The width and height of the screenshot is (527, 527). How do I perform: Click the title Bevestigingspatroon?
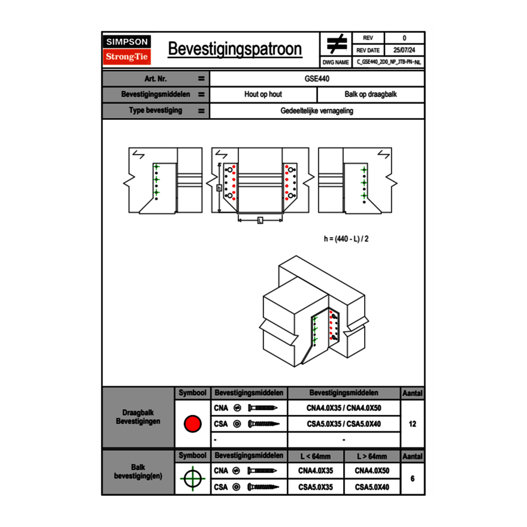pos(235,49)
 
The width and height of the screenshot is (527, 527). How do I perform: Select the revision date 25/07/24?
pos(404,50)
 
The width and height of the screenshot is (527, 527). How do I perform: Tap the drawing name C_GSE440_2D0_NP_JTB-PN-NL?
pos(389,62)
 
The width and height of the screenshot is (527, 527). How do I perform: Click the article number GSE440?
pos(317,78)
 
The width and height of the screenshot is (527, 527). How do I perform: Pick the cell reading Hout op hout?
pos(263,95)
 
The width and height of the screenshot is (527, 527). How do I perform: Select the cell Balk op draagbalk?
pos(371,95)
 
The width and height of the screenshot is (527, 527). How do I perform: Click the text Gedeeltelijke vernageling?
pos(317,111)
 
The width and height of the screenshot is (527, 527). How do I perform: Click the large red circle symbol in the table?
pos(192,424)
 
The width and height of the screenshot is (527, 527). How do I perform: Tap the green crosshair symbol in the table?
pos(192,478)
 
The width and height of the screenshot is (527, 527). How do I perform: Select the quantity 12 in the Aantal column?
pos(413,424)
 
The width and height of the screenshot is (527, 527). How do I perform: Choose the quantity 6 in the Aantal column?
pos(413,478)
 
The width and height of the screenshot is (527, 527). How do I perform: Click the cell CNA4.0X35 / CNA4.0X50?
pos(344,408)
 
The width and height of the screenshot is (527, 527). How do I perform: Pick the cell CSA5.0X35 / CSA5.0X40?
pos(344,424)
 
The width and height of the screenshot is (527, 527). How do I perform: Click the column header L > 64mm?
pos(371,456)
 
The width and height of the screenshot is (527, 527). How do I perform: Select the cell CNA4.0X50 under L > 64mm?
pos(371,471)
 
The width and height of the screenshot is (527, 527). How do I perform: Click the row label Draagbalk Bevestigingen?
pos(138,417)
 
